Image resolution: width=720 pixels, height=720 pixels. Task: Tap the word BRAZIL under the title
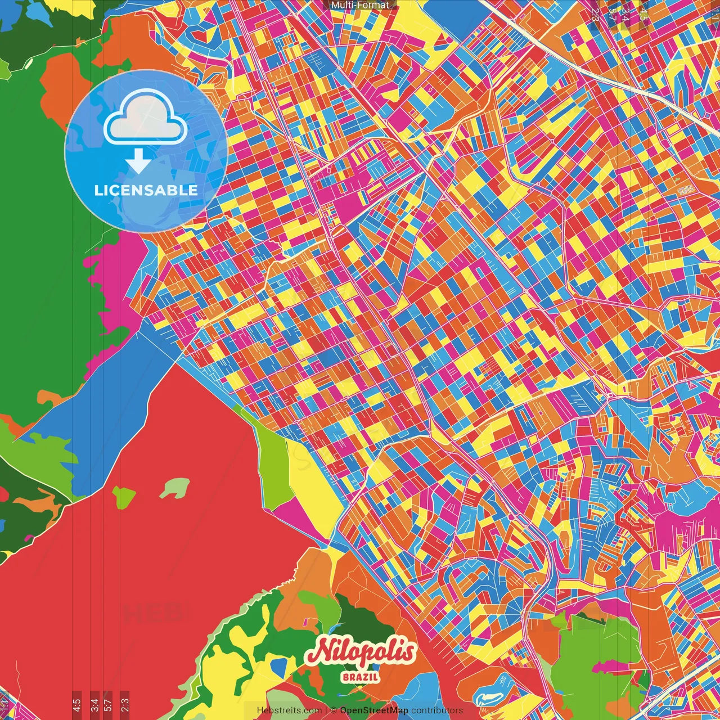tap(361, 677)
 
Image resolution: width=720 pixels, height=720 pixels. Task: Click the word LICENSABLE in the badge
tap(146, 190)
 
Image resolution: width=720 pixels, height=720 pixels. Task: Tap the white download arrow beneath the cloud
tap(138, 161)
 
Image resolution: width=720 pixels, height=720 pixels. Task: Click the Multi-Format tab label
tap(360, 5)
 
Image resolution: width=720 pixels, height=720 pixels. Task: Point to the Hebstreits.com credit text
tap(289, 710)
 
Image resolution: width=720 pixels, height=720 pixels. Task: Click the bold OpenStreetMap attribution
tap(373, 710)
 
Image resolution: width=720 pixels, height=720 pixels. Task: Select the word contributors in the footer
tap(437, 710)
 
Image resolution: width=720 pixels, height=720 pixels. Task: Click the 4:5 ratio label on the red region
tap(76, 704)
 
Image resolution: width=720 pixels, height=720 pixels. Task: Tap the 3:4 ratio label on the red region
tap(94, 704)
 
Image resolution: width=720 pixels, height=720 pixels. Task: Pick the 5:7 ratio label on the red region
tap(108, 704)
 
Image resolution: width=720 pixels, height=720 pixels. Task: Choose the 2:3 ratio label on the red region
tap(124, 704)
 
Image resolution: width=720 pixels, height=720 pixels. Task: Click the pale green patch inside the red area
tap(175, 488)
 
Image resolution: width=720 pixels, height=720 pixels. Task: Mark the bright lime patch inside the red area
tap(124, 496)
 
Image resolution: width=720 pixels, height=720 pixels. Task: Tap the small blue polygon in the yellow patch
tap(278, 667)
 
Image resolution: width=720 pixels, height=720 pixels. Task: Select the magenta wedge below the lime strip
tap(298, 517)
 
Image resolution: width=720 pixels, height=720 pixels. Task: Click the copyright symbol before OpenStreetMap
tap(333, 710)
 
